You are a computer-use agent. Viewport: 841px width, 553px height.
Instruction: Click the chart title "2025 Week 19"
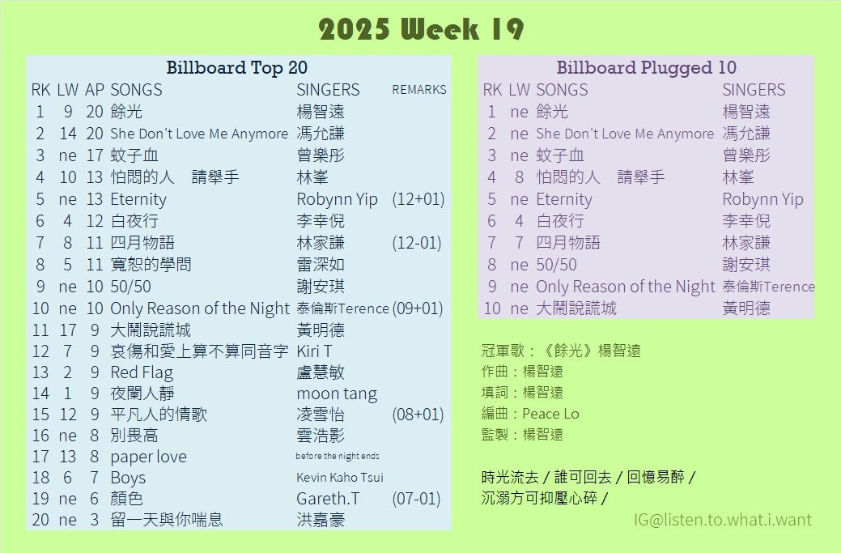(421, 29)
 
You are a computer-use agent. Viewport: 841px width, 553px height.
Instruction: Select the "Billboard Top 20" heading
(236, 67)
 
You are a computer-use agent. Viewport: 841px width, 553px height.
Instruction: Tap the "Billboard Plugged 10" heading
(646, 67)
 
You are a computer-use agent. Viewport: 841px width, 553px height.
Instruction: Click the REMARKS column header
(419, 90)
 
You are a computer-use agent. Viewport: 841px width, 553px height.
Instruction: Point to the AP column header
(95, 90)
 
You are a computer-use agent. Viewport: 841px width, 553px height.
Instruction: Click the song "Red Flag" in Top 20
(142, 372)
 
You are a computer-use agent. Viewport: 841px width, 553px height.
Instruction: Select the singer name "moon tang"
(337, 394)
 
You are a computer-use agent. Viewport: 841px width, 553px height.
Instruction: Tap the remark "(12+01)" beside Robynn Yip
(418, 199)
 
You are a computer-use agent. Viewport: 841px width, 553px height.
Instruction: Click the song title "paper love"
(149, 457)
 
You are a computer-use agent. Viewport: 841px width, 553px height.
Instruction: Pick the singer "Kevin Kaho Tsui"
(340, 478)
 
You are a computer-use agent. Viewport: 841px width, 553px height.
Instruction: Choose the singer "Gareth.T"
(328, 499)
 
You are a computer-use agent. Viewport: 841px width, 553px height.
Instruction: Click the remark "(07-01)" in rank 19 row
(416, 499)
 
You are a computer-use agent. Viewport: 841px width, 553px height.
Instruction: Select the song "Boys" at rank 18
(128, 478)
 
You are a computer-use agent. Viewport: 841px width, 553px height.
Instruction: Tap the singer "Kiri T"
(314, 351)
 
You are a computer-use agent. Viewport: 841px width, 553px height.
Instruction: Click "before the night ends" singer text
(338, 456)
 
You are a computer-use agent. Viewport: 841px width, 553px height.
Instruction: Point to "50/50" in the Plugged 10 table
(556, 265)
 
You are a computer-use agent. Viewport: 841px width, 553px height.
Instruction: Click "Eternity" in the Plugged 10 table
(564, 199)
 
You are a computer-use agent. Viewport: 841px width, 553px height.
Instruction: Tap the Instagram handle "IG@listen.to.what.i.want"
(723, 520)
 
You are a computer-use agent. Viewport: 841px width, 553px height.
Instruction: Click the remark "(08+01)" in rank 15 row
(418, 415)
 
